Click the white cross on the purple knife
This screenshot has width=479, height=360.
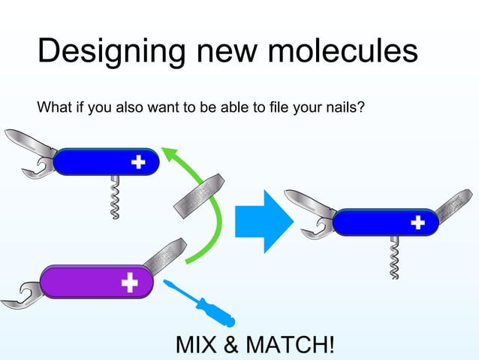click(x=130, y=282)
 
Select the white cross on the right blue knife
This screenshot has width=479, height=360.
click(x=417, y=222)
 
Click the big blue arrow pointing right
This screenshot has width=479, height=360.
click(x=263, y=221)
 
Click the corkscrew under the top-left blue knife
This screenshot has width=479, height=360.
click(x=115, y=198)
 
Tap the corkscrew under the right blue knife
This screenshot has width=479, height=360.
click(x=395, y=258)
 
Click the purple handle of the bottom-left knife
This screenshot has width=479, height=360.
click(x=83, y=282)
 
